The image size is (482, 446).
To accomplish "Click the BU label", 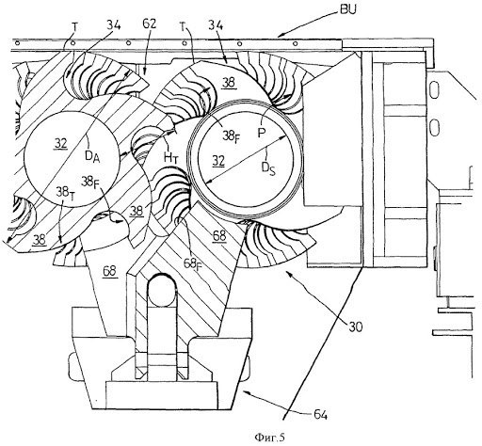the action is pos(347,10).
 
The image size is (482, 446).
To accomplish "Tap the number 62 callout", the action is pos(149,24).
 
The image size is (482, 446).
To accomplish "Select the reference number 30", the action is pos(355,327).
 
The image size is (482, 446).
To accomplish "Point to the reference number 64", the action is pos(321,415).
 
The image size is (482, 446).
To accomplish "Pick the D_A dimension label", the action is pos(92,156).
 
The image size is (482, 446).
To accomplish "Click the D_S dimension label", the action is pos(268,168).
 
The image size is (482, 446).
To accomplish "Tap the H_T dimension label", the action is pos(171,157).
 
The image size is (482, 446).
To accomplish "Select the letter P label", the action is pos(262,133).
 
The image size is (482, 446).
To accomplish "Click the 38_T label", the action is pos(65,191).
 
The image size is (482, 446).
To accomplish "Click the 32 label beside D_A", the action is pos(61,144).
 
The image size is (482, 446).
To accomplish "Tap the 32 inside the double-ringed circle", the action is pos(218,161).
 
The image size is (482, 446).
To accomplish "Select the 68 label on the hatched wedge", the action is pos(219,235).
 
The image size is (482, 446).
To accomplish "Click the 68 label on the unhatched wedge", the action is pos(110,271).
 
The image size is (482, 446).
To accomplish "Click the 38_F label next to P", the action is pos(231,136).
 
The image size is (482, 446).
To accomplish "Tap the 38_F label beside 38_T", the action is pos(90,182).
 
